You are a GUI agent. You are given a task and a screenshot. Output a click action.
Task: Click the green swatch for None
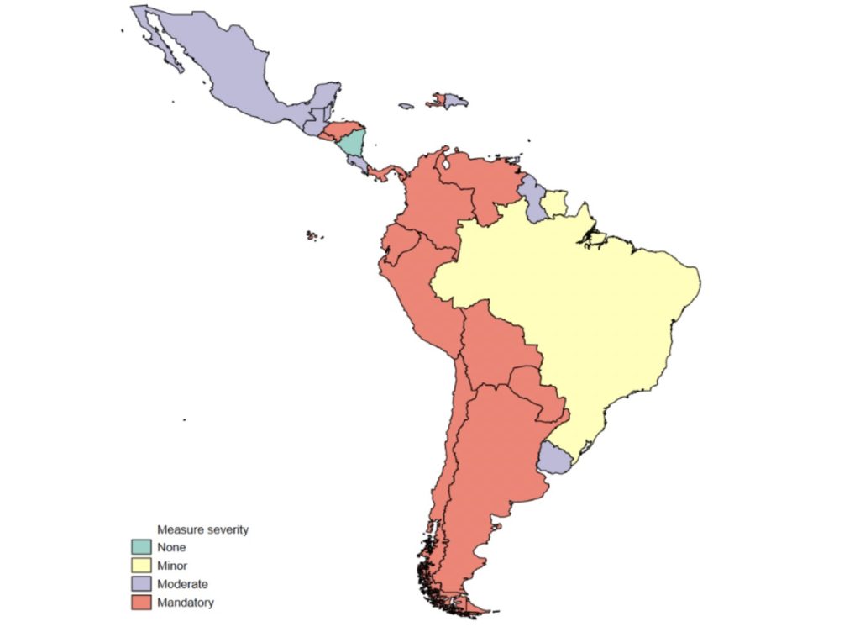click(139, 548)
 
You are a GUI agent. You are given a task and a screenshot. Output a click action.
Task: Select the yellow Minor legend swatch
click(139, 566)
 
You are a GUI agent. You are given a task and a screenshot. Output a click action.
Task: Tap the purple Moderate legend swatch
click(139, 584)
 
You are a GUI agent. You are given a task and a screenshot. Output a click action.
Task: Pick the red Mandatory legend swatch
click(139, 602)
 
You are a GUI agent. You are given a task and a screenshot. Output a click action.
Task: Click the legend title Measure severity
click(203, 530)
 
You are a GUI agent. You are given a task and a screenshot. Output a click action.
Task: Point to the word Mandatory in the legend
click(186, 603)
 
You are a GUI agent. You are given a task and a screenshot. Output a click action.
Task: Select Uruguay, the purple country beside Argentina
click(555, 456)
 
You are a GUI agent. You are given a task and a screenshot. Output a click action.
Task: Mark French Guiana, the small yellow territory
click(555, 203)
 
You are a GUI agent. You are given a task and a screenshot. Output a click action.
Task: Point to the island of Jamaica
click(406, 106)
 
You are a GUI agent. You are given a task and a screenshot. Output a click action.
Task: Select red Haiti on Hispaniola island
click(438, 101)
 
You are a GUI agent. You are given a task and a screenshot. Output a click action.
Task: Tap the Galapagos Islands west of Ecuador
click(312, 236)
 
